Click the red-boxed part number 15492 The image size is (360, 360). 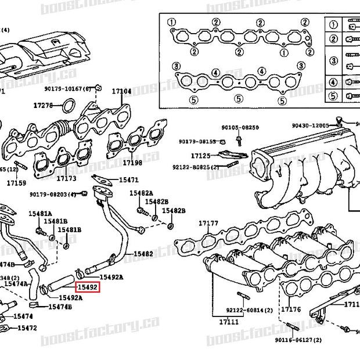point(88,287)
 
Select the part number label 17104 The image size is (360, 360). point(121,91)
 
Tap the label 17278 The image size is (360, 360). point(43,105)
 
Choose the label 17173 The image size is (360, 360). point(66,179)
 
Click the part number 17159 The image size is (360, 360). point(16,183)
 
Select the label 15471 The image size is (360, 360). point(129,181)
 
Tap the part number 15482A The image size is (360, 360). point(141,193)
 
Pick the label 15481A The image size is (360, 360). point(41,214)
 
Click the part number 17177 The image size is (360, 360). point(208,224)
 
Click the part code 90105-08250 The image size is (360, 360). point(240,127)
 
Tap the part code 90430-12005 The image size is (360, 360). point(310,125)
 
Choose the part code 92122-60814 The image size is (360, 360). point(246,310)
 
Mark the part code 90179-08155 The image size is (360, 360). point(197,142)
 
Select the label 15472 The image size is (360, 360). point(27,328)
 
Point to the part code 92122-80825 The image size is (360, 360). point(195,167)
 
